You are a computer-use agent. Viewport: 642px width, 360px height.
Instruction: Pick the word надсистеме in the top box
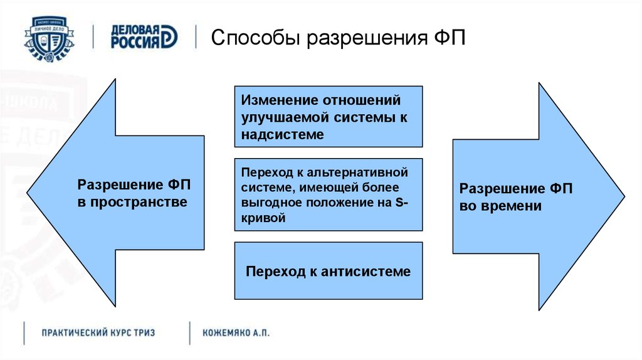point(282,134)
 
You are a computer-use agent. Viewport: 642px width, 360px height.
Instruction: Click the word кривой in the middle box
point(263,218)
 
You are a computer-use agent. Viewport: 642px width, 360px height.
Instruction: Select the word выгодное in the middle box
point(271,203)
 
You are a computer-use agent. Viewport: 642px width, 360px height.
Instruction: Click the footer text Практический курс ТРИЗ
point(98,332)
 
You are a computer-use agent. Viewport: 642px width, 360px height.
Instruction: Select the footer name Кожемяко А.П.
point(236,332)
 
